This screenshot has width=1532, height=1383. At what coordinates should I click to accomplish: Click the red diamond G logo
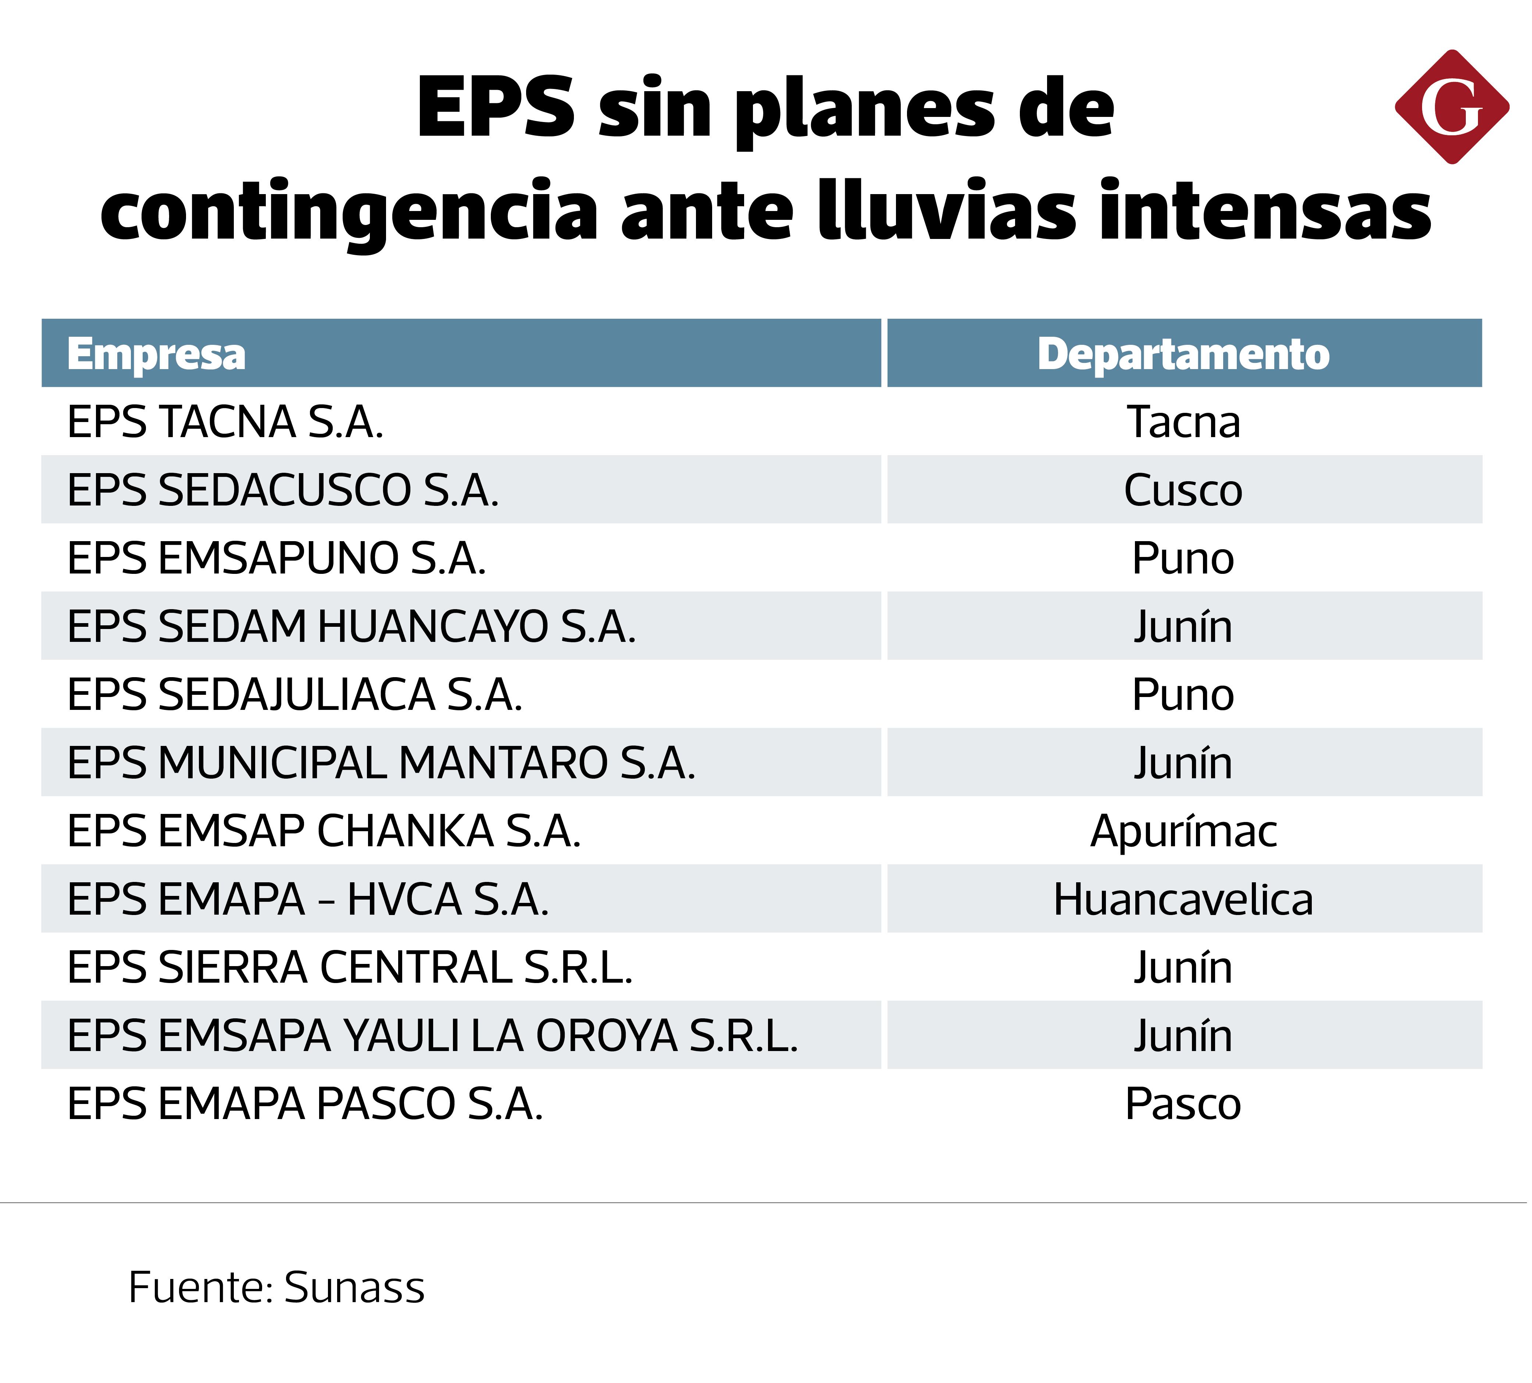click(x=1451, y=107)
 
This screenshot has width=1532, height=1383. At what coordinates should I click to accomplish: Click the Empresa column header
click(x=157, y=354)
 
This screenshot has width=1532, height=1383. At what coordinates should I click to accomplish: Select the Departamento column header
click(x=1183, y=354)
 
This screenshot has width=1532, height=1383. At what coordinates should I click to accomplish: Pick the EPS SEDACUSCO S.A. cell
click(x=283, y=490)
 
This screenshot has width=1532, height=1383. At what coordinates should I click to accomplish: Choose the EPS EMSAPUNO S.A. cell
click(x=276, y=558)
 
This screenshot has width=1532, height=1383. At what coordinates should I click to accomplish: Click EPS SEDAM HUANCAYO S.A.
click(x=351, y=627)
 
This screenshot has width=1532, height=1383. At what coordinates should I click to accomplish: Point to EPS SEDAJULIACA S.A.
click(x=295, y=694)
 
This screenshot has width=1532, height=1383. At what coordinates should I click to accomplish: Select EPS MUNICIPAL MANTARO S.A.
click(x=382, y=763)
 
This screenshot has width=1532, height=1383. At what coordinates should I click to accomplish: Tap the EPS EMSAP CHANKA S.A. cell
click(x=324, y=831)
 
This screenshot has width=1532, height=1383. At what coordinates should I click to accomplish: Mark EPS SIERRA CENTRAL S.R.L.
click(x=350, y=967)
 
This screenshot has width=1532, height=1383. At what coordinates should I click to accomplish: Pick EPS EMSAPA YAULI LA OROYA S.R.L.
click(x=432, y=1036)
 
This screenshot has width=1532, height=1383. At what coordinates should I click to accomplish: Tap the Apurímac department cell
click(x=1183, y=831)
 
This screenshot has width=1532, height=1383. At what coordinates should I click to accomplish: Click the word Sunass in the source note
click(x=354, y=1287)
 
